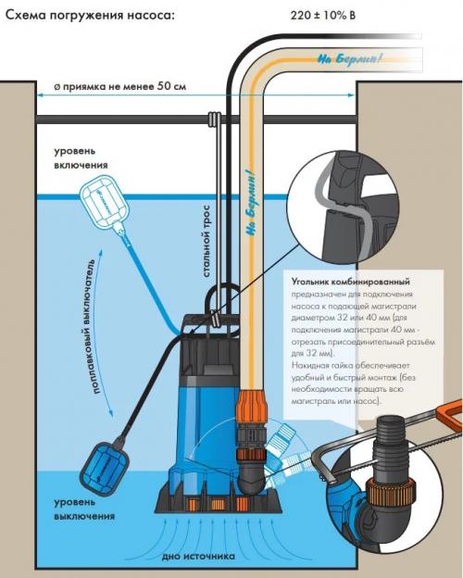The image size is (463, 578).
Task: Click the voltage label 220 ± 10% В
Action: (323, 16)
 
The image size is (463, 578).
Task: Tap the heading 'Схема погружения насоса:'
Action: (90, 16)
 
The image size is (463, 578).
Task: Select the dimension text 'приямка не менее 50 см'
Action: (125, 87)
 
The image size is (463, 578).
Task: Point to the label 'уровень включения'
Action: (81, 157)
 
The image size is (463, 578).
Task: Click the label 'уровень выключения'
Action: (84, 509)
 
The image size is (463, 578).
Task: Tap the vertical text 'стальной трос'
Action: (206, 242)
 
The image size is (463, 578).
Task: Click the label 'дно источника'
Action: (198, 557)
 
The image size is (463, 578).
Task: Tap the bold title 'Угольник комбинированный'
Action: (351, 282)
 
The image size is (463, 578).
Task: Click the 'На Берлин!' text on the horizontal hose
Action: (347, 59)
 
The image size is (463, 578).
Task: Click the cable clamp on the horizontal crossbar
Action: (214, 119)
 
